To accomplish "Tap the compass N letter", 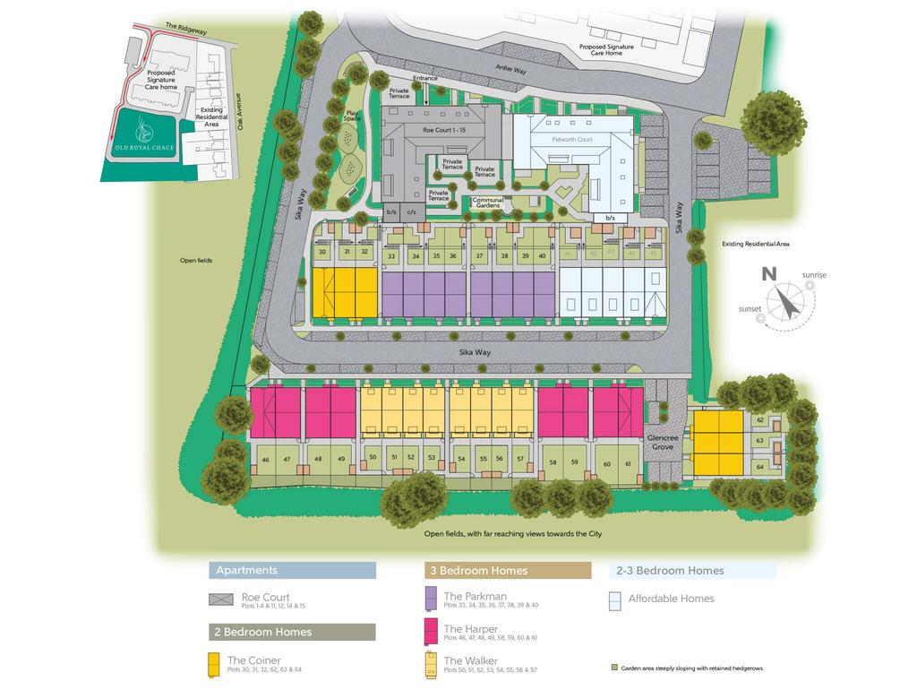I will (767, 274).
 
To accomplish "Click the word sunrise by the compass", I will (814, 275).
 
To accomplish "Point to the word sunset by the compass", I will (750, 309).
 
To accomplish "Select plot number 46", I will (265, 460).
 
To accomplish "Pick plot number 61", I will (628, 463).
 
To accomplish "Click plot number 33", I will (390, 256).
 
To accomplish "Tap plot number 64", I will (760, 467).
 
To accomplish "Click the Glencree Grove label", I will (663, 442).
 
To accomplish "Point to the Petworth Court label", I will (573, 140).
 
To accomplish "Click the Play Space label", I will (353, 116).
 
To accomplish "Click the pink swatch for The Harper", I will (431, 631).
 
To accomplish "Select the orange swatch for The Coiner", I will (214, 664).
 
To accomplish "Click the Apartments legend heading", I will (247, 570).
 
